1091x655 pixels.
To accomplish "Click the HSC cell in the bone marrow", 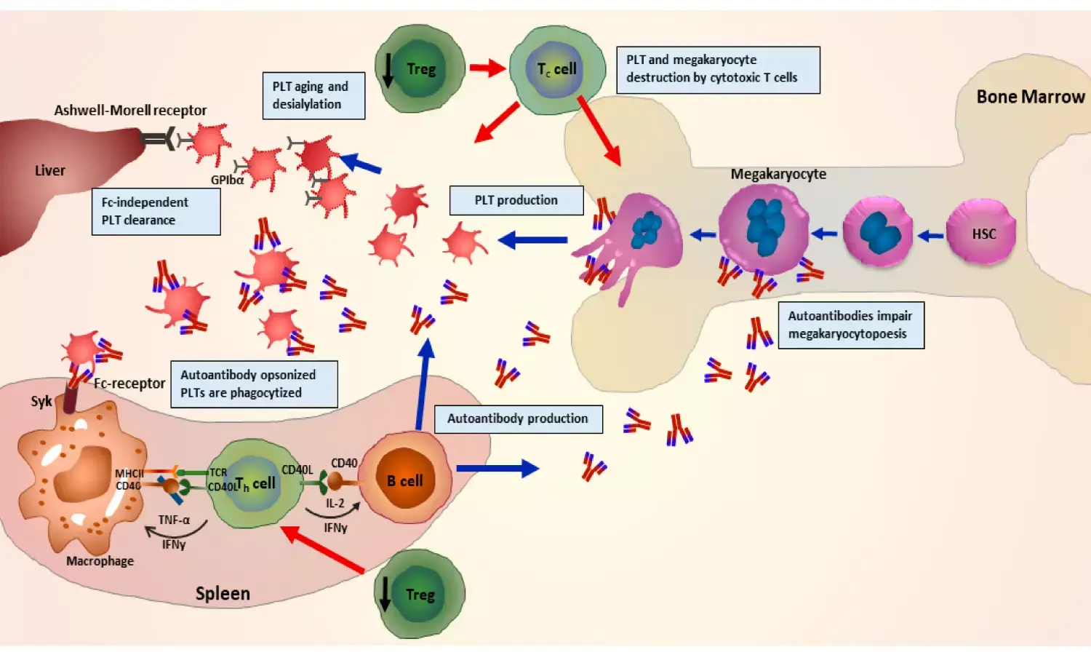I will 982,233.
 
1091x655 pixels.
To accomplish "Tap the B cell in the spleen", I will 404,480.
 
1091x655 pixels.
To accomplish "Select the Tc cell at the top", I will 557,70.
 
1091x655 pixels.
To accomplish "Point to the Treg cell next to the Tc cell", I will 420,69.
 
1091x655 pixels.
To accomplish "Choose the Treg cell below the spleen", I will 420,595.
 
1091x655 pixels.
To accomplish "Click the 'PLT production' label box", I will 516,200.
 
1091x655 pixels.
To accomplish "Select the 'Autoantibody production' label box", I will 518,418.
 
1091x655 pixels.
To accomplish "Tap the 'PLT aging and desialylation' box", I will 313,95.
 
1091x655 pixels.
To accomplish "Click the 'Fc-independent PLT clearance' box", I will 156,211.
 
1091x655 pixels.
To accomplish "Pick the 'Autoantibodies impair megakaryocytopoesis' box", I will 850,325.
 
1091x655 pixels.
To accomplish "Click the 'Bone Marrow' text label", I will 1030,97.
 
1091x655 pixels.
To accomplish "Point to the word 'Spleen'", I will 223,593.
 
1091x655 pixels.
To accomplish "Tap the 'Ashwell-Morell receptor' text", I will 130,110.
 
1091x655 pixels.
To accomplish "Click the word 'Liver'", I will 50,170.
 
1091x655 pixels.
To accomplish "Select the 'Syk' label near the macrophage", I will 41,401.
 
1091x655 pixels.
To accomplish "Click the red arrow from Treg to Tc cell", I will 487,68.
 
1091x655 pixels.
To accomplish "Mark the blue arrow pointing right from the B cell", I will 497,469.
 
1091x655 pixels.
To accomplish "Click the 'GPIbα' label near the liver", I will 227,180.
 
